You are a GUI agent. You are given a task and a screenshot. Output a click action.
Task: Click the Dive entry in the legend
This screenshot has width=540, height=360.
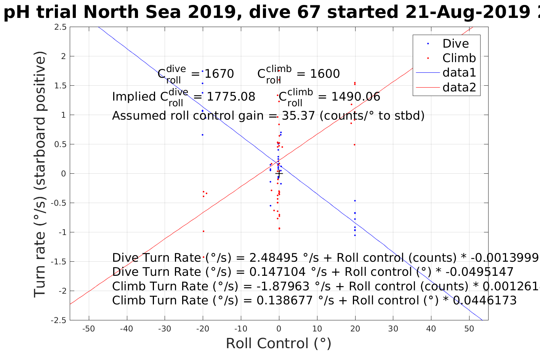pyautogui.click(x=455, y=44)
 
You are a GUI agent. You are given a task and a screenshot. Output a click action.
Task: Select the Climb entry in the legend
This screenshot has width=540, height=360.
pyautogui.click(x=459, y=58)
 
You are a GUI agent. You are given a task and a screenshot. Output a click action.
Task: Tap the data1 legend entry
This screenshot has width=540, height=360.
pyautogui.click(x=459, y=73)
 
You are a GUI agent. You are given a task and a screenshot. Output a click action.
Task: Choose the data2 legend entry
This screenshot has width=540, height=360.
pyautogui.click(x=459, y=88)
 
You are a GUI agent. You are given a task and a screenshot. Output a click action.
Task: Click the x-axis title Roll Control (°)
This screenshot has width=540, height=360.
pyautogui.click(x=279, y=344)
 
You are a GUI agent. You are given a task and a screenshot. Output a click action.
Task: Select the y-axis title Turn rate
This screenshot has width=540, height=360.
pyautogui.click(x=40, y=175)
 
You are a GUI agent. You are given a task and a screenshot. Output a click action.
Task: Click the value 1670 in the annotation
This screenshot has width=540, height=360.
pyautogui.click(x=219, y=74)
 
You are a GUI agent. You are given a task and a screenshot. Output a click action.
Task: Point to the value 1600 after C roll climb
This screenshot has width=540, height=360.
pyautogui.click(x=325, y=74)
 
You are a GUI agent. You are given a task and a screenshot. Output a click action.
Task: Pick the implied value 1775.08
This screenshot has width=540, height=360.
pyautogui.click(x=231, y=97)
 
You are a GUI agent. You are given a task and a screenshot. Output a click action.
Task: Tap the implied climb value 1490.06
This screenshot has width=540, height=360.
pyautogui.click(x=356, y=97)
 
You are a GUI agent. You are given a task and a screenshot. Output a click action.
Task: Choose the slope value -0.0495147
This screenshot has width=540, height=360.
pyautogui.click(x=480, y=272)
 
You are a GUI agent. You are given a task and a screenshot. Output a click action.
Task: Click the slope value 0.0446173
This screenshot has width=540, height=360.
pyautogui.click(x=484, y=301)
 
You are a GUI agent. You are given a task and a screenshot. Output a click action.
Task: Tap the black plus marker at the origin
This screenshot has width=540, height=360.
pyautogui.click(x=279, y=173)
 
